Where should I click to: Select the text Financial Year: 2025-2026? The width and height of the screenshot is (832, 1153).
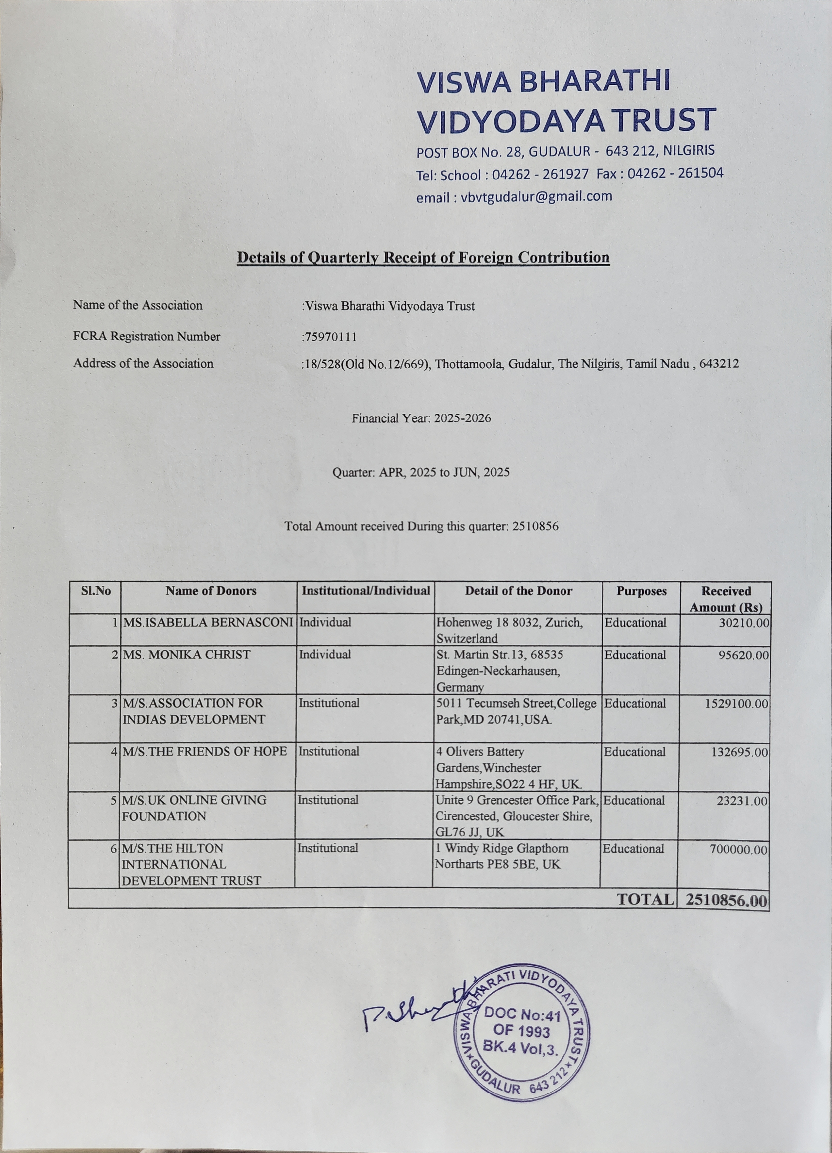(421, 418)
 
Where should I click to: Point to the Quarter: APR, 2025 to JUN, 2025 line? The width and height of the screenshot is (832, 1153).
(421, 473)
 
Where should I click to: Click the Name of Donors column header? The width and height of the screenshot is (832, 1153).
(211, 591)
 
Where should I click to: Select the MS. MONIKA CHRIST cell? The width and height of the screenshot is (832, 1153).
(187, 655)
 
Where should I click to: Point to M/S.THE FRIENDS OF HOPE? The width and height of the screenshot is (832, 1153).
(204, 751)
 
